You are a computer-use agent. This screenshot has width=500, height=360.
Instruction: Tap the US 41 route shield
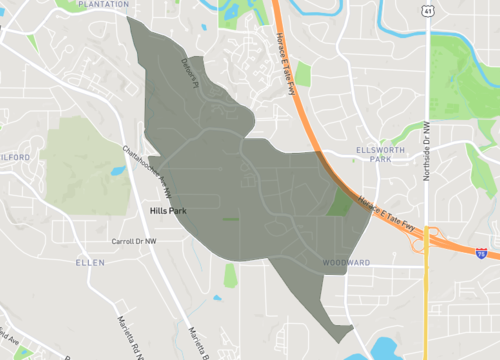(427, 10)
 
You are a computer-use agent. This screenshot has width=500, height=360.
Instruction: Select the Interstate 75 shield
(481, 255)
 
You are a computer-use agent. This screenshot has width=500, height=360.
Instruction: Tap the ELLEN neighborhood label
(89, 262)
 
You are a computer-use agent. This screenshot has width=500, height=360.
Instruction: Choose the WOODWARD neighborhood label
(346, 262)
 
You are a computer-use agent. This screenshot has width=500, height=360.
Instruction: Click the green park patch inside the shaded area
(339, 203)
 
